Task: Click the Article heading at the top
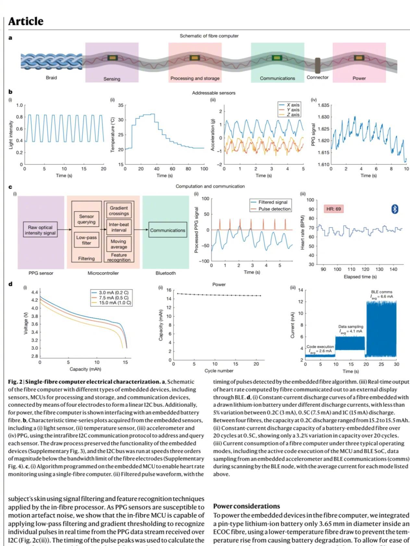point(26,21)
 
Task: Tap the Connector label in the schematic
point(317,77)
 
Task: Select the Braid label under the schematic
point(51,78)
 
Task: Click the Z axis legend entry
point(292,114)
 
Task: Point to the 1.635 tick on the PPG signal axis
point(323,105)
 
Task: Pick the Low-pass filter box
point(86,240)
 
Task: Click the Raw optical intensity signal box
point(40,230)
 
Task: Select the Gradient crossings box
point(119,211)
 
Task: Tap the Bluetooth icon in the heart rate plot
point(394,209)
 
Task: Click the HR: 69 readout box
point(333,209)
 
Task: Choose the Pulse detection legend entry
point(274,209)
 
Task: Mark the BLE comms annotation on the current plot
point(381,294)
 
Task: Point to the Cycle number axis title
point(219,371)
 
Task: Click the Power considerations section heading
point(246,506)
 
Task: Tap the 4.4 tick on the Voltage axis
point(34,292)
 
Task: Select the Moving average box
point(118,244)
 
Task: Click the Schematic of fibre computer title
point(209,36)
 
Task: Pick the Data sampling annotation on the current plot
point(351,329)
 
